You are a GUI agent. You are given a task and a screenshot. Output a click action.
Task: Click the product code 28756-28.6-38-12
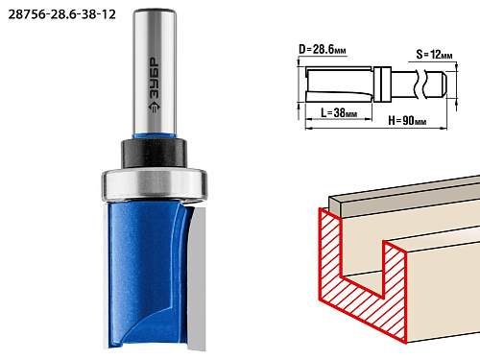pyautogui.click(x=61, y=14)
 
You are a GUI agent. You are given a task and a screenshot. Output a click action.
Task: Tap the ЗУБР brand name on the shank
pyautogui.click(x=155, y=78)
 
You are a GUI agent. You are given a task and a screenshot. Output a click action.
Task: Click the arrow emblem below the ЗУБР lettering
pyautogui.click(x=155, y=107)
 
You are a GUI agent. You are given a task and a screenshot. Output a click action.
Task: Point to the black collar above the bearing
pyautogui.click(x=154, y=154)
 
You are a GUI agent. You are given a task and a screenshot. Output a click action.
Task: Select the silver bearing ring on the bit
pyautogui.click(x=155, y=185)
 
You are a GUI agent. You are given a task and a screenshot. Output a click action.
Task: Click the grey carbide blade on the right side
pyautogui.click(x=197, y=278)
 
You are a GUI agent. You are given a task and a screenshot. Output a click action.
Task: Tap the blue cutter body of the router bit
pyautogui.click(x=147, y=276)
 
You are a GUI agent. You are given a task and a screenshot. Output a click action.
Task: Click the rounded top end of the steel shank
pyautogui.click(x=155, y=12)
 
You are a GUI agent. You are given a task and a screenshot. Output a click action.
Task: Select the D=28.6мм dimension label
pyautogui.click(x=323, y=49)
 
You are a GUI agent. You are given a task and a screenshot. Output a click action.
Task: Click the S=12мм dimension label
pyautogui.click(x=434, y=55)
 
